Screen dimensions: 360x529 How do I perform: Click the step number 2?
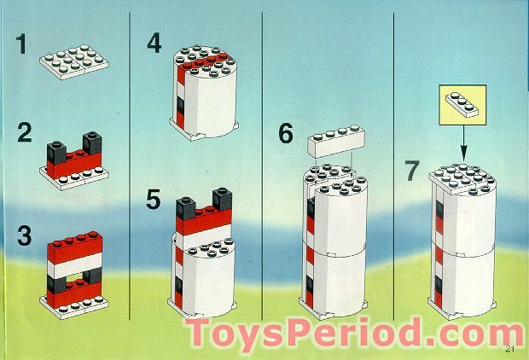pyautogui.click(x=24, y=134)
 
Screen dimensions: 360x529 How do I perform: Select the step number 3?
pyautogui.click(x=24, y=235)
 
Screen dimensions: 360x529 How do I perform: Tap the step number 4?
pyautogui.click(x=154, y=43)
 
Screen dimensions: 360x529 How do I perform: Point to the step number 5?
pyautogui.click(x=154, y=200)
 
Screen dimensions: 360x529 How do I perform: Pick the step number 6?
pyautogui.click(x=285, y=134)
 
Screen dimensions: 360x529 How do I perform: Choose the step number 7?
pyautogui.click(x=413, y=171)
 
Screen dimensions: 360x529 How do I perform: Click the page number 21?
pyautogui.click(x=510, y=348)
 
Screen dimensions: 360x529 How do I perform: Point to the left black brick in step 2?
pyautogui.click(x=58, y=151)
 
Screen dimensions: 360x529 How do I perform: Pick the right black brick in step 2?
pyautogui.click(x=92, y=143)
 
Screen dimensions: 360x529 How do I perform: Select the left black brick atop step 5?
pyautogui.click(x=185, y=208)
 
